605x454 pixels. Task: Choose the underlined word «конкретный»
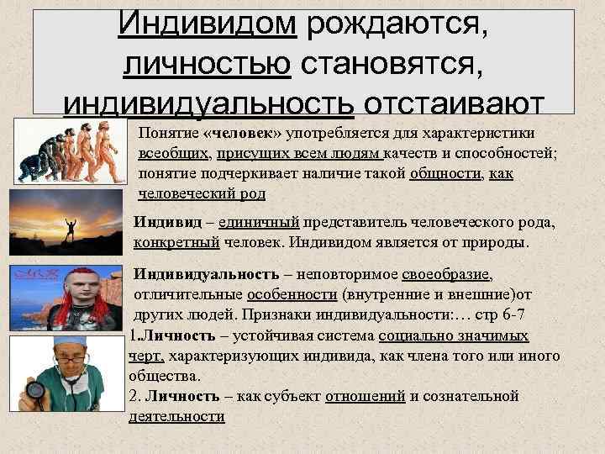176,242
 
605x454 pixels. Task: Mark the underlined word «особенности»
293,296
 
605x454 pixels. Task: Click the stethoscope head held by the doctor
35,389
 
